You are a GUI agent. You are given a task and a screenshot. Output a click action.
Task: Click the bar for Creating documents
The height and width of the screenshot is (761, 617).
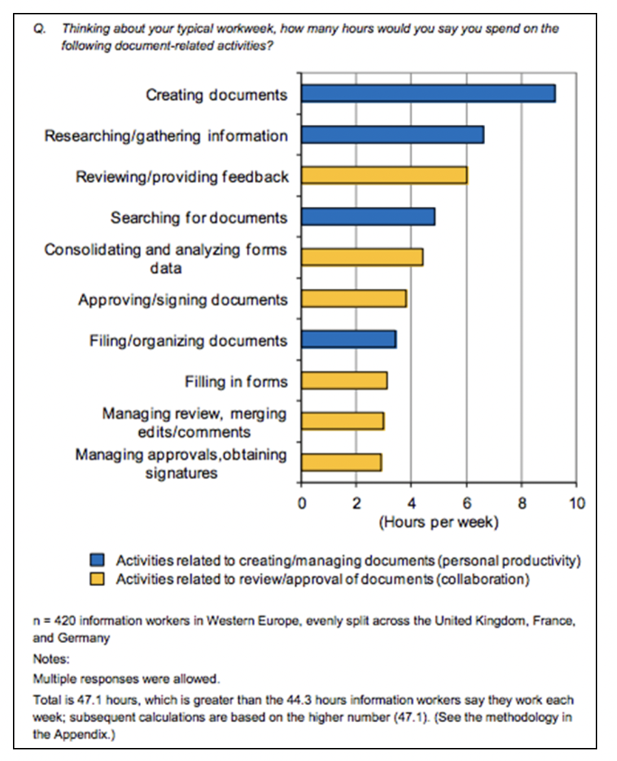pyautogui.click(x=428, y=93)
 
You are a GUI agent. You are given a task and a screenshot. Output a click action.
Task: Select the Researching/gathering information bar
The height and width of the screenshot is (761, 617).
pyautogui.click(x=393, y=135)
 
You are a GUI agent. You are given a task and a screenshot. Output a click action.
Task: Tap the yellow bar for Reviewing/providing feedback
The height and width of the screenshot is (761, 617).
pyautogui.click(x=384, y=176)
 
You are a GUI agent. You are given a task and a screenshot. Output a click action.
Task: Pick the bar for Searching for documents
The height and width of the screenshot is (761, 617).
pyautogui.click(x=368, y=217)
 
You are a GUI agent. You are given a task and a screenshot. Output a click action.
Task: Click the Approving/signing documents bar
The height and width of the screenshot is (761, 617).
pyautogui.click(x=354, y=299)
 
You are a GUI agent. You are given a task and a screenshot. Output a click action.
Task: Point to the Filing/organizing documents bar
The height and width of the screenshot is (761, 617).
pyautogui.click(x=348, y=340)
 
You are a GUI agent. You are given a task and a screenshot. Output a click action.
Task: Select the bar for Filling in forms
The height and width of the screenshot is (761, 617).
pyautogui.click(x=344, y=380)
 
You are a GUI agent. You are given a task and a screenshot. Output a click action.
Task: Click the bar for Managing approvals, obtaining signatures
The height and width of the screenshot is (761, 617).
pyautogui.click(x=341, y=462)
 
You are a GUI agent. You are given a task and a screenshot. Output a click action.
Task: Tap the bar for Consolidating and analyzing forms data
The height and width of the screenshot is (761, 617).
pyautogui.click(x=362, y=258)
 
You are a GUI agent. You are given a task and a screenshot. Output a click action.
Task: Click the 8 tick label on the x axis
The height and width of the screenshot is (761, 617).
pyautogui.click(x=521, y=504)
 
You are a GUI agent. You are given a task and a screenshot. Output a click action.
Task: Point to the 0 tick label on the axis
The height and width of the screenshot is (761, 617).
pyautogui.click(x=302, y=504)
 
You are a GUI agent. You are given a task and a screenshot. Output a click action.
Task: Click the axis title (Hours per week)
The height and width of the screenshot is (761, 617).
pyautogui.click(x=438, y=523)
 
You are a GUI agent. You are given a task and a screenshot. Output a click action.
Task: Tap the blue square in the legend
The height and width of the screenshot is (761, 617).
pyautogui.click(x=99, y=561)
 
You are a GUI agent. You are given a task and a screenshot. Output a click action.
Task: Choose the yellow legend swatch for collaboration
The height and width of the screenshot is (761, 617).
pyautogui.click(x=99, y=580)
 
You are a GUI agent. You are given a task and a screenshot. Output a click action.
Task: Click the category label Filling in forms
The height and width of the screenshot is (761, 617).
pyautogui.click(x=236, y=381)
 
